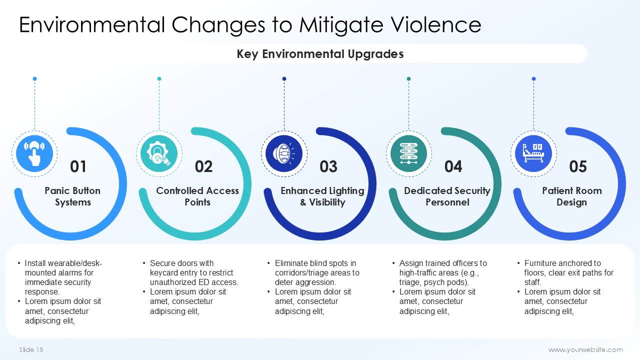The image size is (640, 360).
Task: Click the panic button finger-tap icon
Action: [34, 153]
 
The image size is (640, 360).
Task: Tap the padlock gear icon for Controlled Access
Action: [159, 153]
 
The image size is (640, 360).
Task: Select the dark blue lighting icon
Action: [284, 153]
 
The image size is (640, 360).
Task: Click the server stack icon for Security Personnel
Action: [408, 153]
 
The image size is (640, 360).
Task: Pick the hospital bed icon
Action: [533, 153]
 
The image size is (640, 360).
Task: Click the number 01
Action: [78, 166]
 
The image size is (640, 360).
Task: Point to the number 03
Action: [328, 166]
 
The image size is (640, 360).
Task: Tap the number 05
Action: [577, 166]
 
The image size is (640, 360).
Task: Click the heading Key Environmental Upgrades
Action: [320, 53]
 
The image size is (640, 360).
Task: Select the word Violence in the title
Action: [435, 24]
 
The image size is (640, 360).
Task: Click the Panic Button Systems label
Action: [72, 196]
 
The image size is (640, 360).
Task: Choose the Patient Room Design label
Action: [571, 196]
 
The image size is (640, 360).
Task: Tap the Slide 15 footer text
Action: [31, 349]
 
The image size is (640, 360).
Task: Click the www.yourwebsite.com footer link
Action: [585, 349]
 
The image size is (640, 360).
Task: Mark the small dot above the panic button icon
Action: [34, 79]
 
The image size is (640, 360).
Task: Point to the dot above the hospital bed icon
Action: [533, 79]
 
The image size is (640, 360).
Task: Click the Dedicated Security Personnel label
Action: [447, 196]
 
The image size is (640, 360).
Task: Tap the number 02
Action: [203, 166]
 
